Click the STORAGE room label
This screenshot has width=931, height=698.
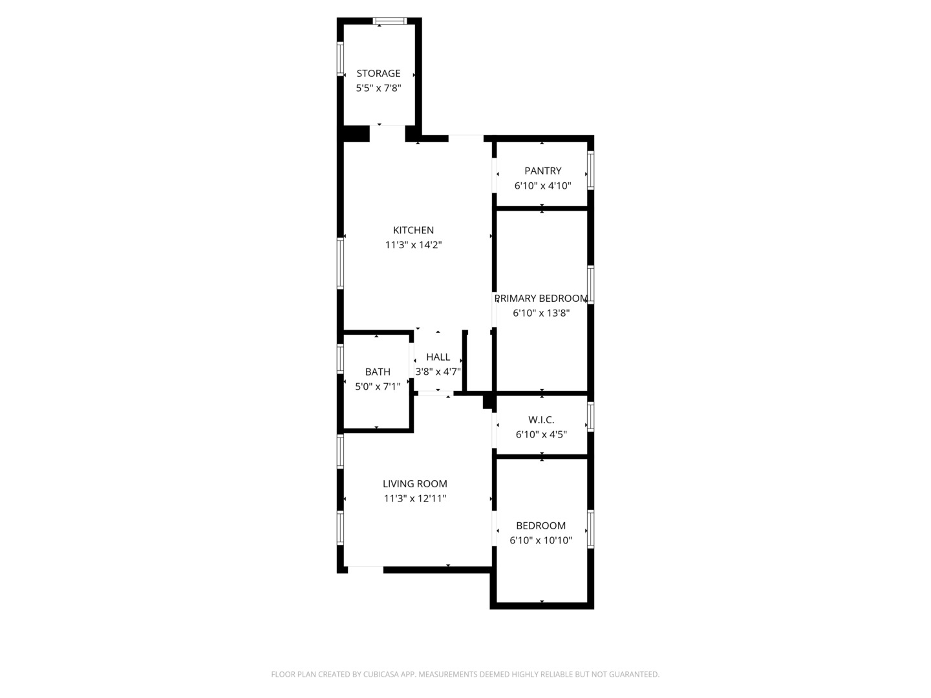tap(378, 73)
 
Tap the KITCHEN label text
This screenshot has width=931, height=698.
tap(413, 230)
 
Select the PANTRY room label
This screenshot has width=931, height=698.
tap(542, 171)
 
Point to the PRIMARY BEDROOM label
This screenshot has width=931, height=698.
tap(541, 299)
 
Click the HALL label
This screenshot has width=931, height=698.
tap(438, 357)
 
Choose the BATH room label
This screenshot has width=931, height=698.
tap(378, 372)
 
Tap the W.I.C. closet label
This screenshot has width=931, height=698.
tap(541, 419)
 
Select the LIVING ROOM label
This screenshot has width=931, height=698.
tap(414, 483)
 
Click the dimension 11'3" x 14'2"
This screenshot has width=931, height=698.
tap(413, 245)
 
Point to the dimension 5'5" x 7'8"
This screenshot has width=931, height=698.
tap(378, 88)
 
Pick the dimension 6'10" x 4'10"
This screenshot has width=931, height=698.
tap(542, 185)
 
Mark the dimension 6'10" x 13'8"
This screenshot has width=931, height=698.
tap(541, 313)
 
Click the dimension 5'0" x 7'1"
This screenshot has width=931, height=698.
tap(378, 386)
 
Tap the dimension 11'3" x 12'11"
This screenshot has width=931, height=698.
tap(414, 498)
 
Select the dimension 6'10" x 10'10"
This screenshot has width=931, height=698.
tap(541, 540)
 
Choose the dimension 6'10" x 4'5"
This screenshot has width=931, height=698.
tap(541, 434)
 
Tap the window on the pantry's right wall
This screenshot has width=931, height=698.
tap(590, 171)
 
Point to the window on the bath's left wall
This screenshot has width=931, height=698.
tap(340, 359)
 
